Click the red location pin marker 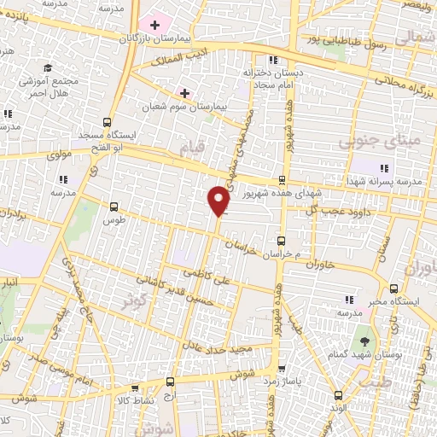pyautogui.click(x=219, y=200)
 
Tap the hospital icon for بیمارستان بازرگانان pyautogui.click(x=154, y=26)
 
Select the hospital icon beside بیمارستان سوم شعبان pyautogui.click(x=184, y=91)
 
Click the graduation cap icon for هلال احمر pyautogui.click(x=48, y=67)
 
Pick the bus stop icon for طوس pyautogui.click(x=114, y=206)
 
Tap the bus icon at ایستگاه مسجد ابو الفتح pyautogui.click(x=107, y=122)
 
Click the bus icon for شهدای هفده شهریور pyautogui.click(x=283, y=180)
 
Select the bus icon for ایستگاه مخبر pyautogui.click(x=393, y=288)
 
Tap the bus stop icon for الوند pyautogui.click(x=340, y=394)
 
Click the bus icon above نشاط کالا pyautogui.click(x=171, y=382)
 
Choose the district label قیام pyautogui.click(x=193, y=149)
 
